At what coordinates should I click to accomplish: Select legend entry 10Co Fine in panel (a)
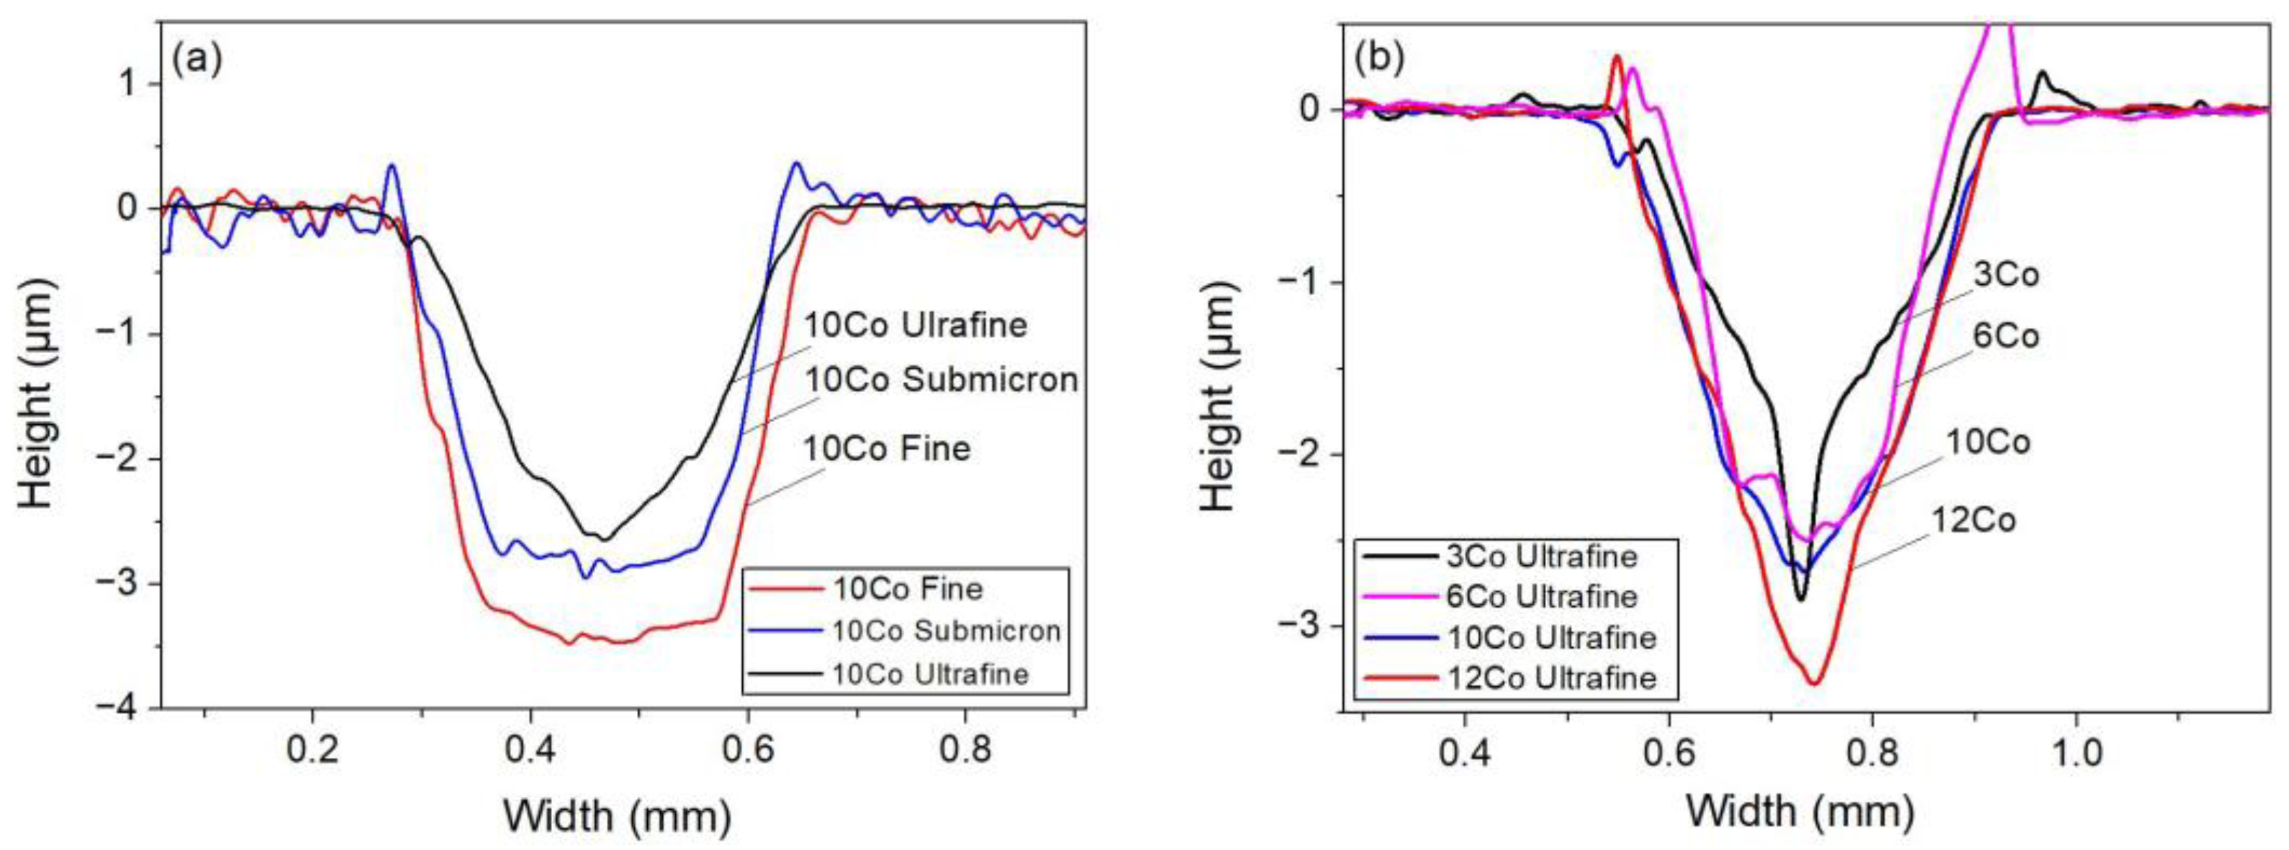pyautogui.click(x=907, y=589)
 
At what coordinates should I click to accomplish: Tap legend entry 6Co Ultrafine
pyautogui.click(x=1542, y=597)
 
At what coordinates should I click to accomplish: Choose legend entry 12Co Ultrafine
pyautogui.click(x=1551, y=679)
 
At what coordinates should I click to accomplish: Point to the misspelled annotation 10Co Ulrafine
pyautogui.click(x=916, y=325)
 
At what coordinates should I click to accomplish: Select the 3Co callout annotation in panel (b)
pyautogui.click(x=2005, y=275)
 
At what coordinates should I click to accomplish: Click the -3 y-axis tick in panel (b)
pyautogui.click(x=1299, y=626)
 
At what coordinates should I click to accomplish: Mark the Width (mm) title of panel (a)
pyautogui.click(x=618, y=815)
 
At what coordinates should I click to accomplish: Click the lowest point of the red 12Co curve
pyautogui.click(x=1815, y=683)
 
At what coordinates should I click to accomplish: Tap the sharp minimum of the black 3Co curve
pyautogui.click(x=1801, y=600)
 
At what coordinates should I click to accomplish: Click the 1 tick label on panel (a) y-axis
pyautogui.click(x=130, y=84)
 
